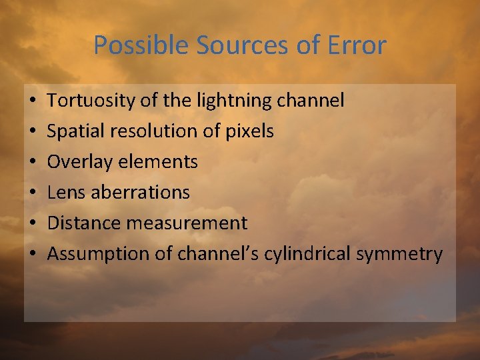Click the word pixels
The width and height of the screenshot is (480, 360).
pyautogui.click(x=249, y=131)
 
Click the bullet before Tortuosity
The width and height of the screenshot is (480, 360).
pyautogui.click(x=33, y=101)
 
